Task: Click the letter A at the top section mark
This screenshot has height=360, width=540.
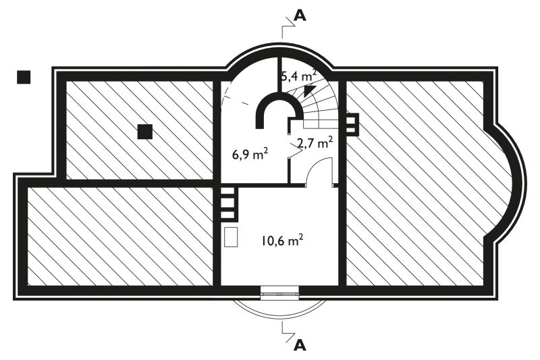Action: [300, 16]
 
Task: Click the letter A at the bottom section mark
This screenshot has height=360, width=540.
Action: [300, 344]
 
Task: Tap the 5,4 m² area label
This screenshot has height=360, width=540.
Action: [298, 76]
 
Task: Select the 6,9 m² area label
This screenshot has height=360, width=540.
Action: [250, 155]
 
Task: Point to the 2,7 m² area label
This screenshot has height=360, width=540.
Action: [315, 143]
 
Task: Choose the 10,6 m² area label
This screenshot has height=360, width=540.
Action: [282, 240]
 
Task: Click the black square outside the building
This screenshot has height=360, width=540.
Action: [24, 77]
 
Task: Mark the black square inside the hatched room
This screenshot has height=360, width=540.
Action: [145, 132]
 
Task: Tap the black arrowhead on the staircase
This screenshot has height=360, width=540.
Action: [310, 90]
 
